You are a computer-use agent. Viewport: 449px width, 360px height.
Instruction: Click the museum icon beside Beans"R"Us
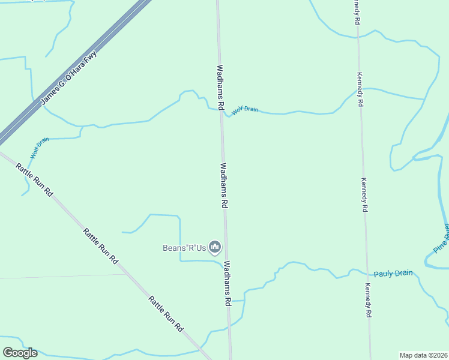click(215, 247)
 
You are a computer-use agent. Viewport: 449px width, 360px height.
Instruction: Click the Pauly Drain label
click(393, 274)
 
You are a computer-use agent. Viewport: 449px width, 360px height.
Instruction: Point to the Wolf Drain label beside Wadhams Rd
click(245, 109)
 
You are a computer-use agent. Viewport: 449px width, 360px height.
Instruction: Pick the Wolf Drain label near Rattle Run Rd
click(40, 148)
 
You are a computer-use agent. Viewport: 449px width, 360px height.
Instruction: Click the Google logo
click(19, 353)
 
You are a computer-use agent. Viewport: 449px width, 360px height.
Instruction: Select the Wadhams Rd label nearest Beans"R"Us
click(228, 283)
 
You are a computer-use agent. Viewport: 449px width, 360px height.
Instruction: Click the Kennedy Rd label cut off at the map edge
click(357, 12)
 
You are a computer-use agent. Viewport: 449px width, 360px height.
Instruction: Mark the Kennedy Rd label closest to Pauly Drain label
click(367, 300)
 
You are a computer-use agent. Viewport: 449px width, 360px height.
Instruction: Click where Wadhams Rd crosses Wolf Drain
click(221, 112)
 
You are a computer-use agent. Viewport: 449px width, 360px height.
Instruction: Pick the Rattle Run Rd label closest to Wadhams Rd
click(166, 313)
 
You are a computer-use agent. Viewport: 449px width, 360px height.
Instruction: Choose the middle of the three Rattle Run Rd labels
click(100, 246)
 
